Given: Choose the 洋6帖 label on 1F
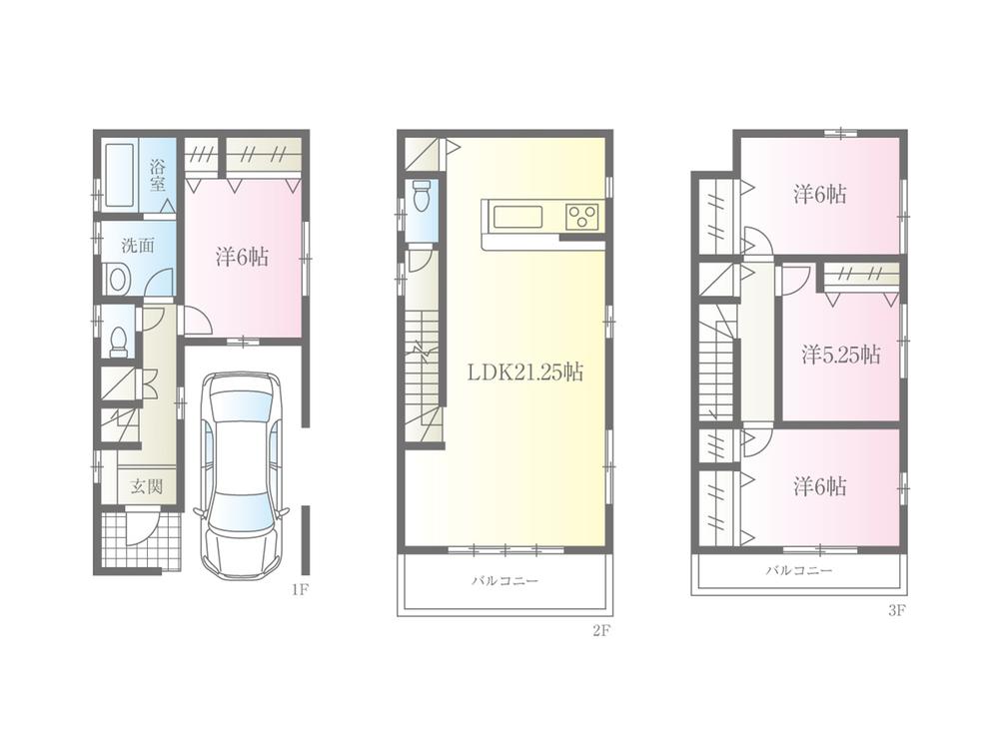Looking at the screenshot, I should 242,257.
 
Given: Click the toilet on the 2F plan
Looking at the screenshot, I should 421,197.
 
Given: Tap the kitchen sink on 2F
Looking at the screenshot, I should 514,215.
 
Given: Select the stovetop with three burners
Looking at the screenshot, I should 581,215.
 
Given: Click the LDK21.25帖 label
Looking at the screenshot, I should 526,373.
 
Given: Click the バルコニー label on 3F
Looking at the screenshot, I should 799,571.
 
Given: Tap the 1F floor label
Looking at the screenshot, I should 299,589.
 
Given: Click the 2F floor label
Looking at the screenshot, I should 599,630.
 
